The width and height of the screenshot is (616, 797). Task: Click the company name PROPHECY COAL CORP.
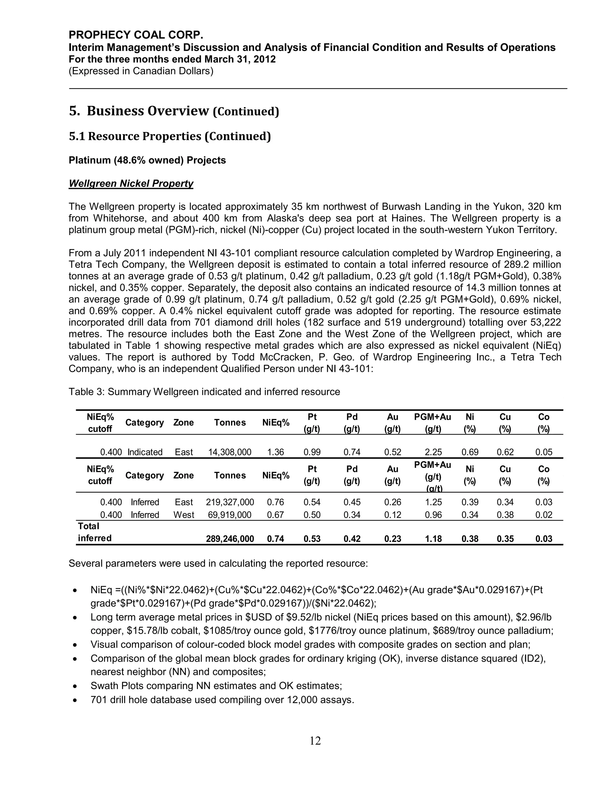136,35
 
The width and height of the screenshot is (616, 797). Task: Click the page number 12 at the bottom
315,740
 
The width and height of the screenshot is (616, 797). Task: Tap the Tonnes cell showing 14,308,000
229,452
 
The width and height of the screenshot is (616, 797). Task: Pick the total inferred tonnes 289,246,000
229,539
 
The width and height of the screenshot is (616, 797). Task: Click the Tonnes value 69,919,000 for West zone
229,515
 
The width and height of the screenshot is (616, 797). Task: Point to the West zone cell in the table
183,515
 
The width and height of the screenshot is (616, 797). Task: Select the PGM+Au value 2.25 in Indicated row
433,452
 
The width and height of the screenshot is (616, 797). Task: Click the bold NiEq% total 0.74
275,539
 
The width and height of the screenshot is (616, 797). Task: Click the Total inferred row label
94,532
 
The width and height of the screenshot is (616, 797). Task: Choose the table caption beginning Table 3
204,392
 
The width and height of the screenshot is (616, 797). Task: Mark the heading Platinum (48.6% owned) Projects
147,160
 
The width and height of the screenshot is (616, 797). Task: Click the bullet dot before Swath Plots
75,686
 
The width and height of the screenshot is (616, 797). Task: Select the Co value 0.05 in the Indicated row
544,452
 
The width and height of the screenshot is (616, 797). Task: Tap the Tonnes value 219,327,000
229,502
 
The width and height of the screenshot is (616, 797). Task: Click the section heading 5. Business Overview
174,111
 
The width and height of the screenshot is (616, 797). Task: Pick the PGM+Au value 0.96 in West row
433,515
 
